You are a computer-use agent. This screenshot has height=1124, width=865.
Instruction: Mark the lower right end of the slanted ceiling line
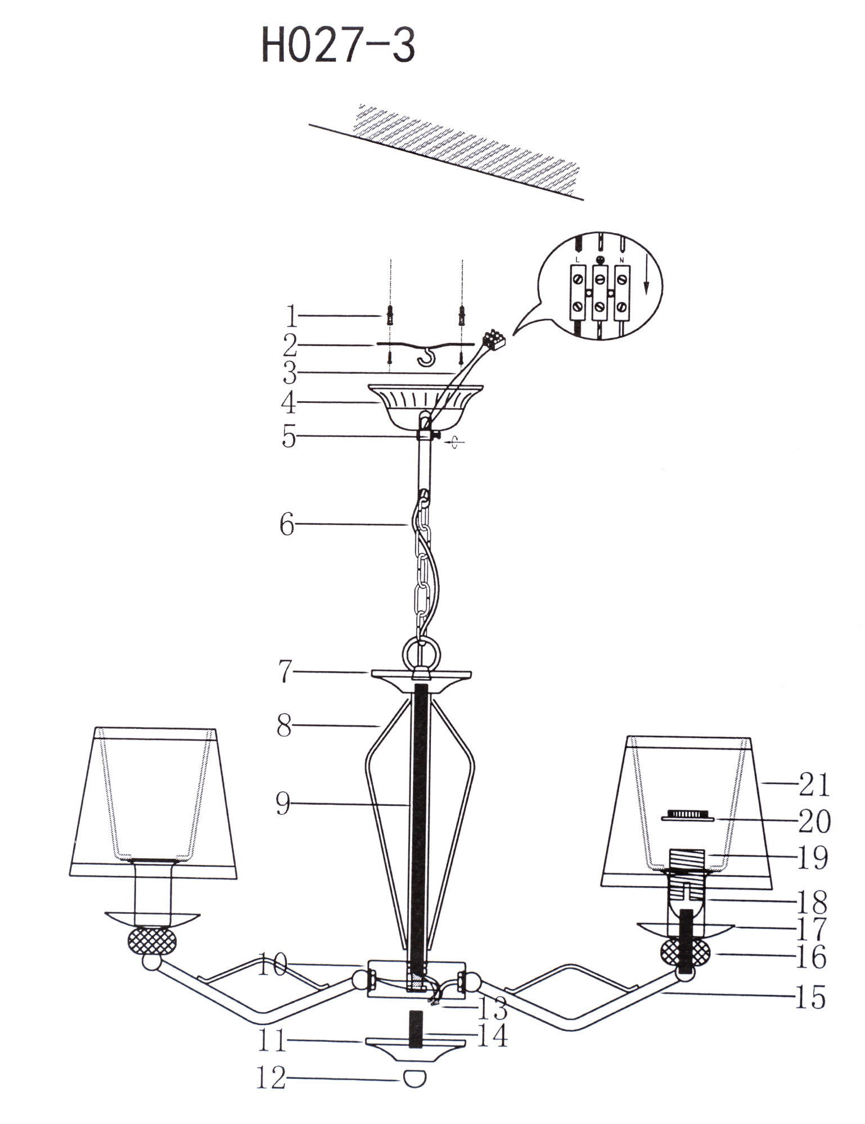[x=583, y=200]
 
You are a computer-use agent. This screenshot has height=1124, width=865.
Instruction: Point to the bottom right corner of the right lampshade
[x=773, y=889]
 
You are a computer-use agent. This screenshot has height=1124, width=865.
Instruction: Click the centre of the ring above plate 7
[x=421, y=654]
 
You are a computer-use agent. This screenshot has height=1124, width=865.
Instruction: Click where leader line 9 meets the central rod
[x=411, y=805]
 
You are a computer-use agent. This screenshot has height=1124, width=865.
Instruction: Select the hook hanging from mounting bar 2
[x=428, y=356]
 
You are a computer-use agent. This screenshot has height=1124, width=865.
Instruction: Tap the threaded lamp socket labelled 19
[x=687, y=860]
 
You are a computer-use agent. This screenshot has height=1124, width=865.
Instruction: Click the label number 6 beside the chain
[x=287, y=525]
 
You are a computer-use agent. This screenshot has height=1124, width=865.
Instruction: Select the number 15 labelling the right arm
[x=810, y=998]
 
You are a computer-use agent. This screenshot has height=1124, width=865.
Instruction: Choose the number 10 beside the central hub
[x=273, y=966]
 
